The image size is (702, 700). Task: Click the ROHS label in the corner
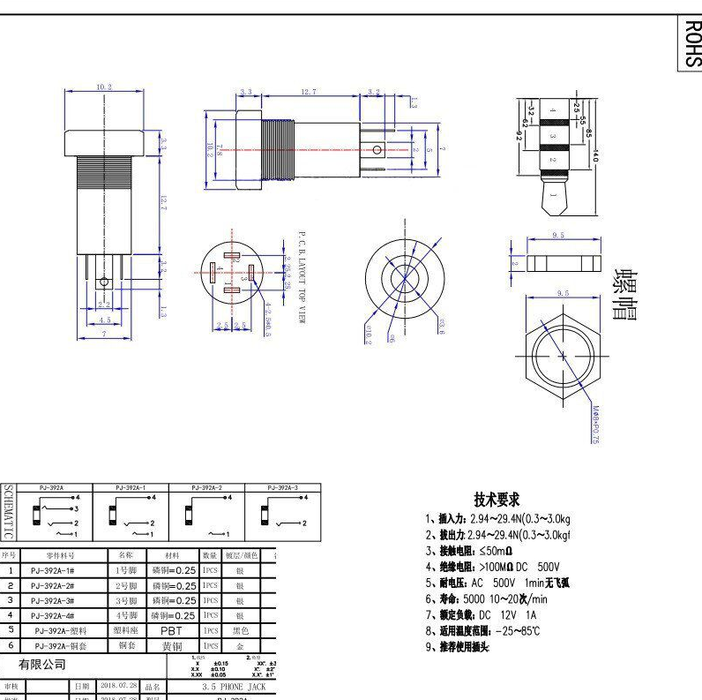691,43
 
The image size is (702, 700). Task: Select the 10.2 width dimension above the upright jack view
103,87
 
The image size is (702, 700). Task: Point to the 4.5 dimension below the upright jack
104,320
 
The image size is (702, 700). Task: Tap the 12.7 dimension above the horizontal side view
308,91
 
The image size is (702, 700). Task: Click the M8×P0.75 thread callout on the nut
595,425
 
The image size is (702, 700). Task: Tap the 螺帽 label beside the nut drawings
625,294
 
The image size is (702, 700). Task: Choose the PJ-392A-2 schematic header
207,487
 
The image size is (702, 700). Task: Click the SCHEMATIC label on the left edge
8,511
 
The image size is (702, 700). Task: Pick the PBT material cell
171,630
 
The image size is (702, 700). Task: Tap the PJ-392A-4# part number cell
52,615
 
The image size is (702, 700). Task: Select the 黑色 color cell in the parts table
240,630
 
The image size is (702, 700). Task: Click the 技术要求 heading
497,500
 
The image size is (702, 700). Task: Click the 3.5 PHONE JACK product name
233,686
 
